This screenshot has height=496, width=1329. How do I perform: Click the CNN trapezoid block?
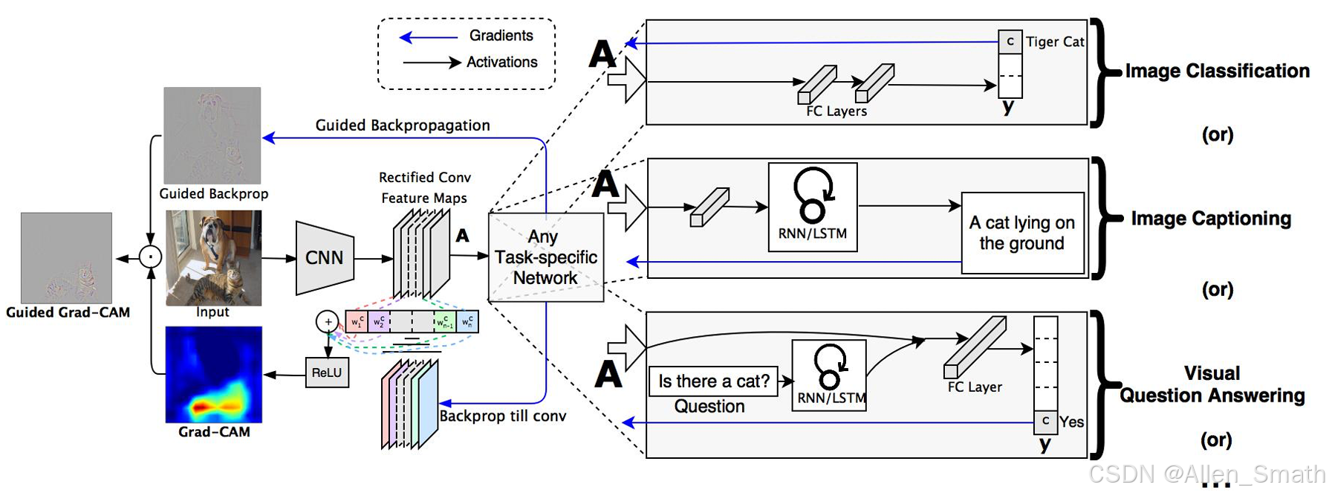point(325,258)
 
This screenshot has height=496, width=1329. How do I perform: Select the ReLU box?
point(326,373)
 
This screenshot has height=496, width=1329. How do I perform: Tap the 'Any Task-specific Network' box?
point(545,257)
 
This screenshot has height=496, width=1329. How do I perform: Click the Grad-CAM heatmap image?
point(214,374)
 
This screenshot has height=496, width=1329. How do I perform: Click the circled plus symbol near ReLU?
point(328,322)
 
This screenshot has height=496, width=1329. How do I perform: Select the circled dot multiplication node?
point(151,257)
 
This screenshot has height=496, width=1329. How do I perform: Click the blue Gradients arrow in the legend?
point(429,36)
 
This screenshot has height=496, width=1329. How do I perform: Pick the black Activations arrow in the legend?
point(432,62)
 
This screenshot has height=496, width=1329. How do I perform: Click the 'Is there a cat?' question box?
point(713,381)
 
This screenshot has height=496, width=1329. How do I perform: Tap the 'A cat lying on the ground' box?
point(1022,233)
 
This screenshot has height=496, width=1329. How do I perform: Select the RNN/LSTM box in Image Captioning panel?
point(812,207)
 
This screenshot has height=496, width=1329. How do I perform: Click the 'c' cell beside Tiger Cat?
point(1010,42)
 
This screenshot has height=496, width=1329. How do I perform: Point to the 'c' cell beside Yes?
point(1045,422)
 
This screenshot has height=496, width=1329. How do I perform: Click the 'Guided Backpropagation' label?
point(403,125)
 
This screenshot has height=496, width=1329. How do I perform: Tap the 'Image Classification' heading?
point(1217,71)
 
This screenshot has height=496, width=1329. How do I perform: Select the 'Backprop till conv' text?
point(502,416)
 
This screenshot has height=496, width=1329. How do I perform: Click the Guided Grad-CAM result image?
point(67,257)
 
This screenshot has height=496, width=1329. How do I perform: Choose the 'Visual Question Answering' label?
point(1212,384)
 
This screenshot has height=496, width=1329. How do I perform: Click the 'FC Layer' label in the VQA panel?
point(975,387)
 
